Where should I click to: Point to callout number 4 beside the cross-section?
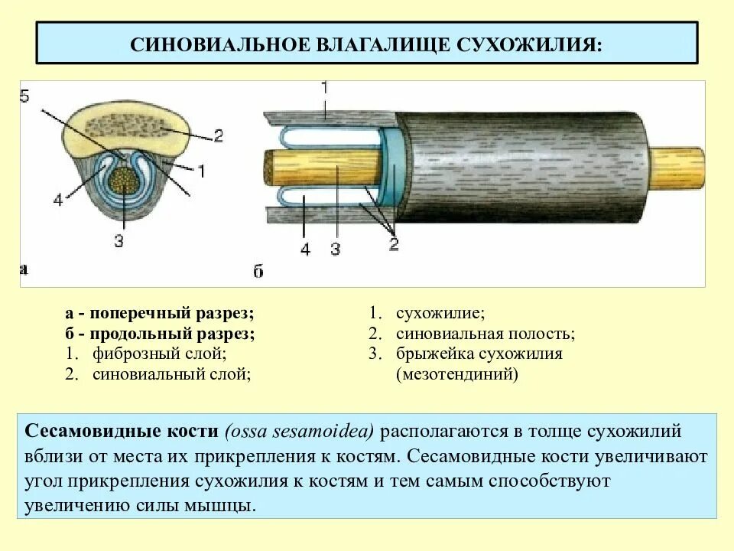(x=57, y=201)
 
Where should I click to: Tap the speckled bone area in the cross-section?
(x=122, y=126)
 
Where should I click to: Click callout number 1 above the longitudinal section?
(x=324, y=88)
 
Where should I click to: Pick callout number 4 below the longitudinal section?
(x=305, y=249)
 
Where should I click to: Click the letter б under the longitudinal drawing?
(x=258, y=272)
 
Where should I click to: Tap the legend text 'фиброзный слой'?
(x=159, y=354)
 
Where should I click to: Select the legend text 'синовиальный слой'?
(x=172, y=374)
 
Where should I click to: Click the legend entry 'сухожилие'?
(x=440, y=314)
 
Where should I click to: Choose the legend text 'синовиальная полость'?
(x=486, y=334)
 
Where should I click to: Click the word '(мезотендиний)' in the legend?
(x=456, y=375)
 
